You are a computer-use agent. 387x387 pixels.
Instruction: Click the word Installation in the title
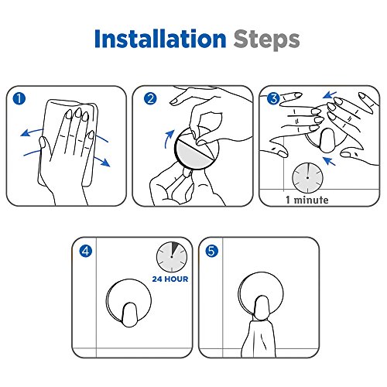pos(160,39)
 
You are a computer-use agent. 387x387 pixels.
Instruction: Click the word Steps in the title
pos(266,40)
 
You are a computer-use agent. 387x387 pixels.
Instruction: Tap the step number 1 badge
pos(19,99)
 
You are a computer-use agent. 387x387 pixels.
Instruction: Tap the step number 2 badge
pos(150,99)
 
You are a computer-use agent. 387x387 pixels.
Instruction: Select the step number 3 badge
pos(273,99)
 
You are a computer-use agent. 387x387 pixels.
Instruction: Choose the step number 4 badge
pos(86,251)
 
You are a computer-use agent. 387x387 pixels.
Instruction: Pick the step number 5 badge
pos(212,251)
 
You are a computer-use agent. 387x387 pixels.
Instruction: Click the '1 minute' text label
pos(307,200)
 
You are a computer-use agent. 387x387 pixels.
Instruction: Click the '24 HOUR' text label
pos(170,279)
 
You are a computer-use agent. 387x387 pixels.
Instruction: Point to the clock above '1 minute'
pos(307,178)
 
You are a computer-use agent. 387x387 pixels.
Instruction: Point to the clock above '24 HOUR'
pos(172,257)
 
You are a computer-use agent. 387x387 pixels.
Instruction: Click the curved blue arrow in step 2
pos(168,139)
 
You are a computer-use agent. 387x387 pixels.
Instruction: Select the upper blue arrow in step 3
pos(330,95)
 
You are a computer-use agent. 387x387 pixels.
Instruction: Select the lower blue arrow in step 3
pos(330,160)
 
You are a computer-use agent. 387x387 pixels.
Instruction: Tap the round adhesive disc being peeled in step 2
pos(197,148)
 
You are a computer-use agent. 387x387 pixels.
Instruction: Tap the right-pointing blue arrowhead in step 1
pos(106,163)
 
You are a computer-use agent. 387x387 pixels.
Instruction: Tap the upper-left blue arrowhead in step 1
pos(25,133)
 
